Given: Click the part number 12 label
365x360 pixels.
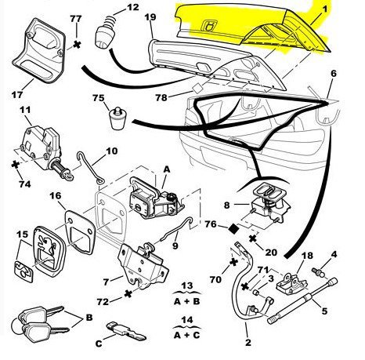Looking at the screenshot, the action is [x=133, y=7].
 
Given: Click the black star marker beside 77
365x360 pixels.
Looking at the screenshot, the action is [x=77, y=45].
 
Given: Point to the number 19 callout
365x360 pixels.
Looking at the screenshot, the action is [x=150, y=17].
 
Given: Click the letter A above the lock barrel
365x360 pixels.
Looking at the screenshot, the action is [x=167, y=169].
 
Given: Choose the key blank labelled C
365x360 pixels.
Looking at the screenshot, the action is [x=126, y=331].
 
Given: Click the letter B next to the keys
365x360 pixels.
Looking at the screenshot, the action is [x=89, y=318].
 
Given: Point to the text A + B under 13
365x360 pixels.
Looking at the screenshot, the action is [x=186, y=301].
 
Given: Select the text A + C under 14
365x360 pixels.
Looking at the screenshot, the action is [x=186, y=335].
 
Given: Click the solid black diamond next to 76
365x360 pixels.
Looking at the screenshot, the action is [x=233, y=229].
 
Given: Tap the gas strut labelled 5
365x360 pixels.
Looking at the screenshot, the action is [x=302, y=300].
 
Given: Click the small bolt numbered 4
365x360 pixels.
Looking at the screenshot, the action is [x=318, y=272].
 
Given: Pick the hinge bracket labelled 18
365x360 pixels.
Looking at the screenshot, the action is [x=293, y=283].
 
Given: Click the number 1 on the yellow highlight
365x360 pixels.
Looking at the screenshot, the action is [x=324, y=9].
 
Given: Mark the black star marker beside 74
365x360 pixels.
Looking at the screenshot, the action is [x=16, y=165].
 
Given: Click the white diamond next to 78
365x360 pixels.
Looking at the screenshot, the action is [x=197, y=88].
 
